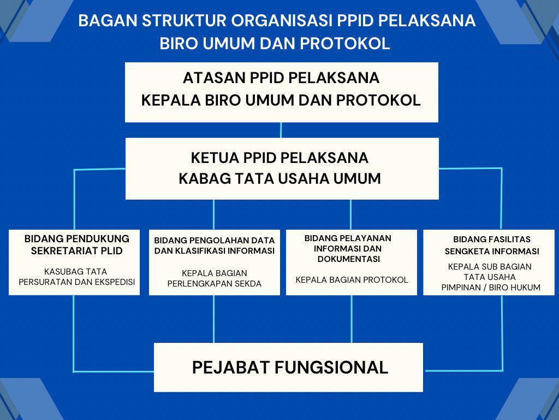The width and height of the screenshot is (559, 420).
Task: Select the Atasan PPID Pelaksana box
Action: tap(281, 92)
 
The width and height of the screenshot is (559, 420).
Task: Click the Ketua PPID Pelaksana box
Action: tap(282, 168)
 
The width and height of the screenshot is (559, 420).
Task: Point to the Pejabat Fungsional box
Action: tap(288, 367)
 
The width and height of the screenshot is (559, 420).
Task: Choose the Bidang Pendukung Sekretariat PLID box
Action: tap(74, 262)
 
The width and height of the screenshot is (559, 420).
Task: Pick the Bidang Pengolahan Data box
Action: tap(214, 262)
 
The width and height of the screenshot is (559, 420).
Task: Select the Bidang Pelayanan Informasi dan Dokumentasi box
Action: tap(351, 262)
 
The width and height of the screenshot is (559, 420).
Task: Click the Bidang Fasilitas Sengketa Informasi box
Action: tap(489, 262)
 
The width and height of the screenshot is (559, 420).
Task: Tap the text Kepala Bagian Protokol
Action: tap(352, 279)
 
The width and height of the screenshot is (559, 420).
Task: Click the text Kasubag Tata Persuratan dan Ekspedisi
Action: tap(76, 277)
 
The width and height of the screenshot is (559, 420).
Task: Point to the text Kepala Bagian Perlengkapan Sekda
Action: tap(214, 278)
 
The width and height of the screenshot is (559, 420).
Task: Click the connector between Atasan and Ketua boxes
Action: tap(281, 130)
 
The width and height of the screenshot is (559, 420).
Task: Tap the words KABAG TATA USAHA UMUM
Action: tap(280, 179)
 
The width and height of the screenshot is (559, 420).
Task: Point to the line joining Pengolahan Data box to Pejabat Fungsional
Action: tap(213, 319)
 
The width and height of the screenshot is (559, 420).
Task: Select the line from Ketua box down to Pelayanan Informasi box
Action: tap(350, 214)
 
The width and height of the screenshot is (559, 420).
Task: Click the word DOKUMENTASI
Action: tap(349, 259)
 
